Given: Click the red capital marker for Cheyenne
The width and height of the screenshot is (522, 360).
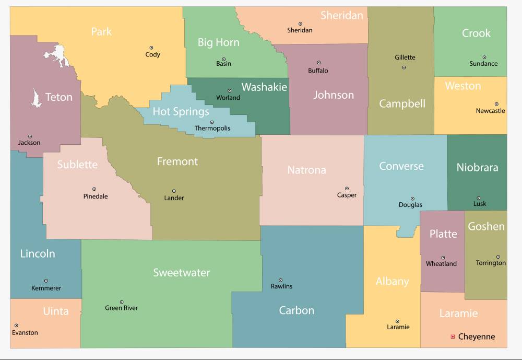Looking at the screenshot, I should [x=453, y=336].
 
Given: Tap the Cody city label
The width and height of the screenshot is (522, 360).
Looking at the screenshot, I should [x=152, y=54].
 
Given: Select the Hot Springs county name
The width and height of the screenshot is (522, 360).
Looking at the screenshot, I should [x=181, y=111].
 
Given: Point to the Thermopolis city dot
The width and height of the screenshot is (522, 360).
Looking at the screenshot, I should [x=211, y=122].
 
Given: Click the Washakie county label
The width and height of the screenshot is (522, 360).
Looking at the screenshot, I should [x=264, y=87].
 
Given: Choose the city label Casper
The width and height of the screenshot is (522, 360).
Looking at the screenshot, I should [x=347, y=195].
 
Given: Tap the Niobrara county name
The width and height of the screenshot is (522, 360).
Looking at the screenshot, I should [x=477, y=168].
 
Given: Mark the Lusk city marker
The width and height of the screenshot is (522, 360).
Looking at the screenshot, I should [x=478, y=198].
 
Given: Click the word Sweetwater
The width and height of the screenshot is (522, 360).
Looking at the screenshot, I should [x=181, y=273].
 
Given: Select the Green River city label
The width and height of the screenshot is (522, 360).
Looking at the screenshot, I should [x=121, y=308].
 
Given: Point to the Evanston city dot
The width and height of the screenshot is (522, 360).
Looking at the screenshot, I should [x=16, y=326].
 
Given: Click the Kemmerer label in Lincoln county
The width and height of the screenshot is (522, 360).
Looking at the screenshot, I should [x=46, y=288].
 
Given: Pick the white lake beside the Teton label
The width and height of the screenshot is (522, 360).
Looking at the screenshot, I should [x=36, y=98].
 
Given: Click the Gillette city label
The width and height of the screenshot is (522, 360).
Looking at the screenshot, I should [x=405, y=57].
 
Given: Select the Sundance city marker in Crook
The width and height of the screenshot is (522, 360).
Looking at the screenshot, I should [x=484, y=57].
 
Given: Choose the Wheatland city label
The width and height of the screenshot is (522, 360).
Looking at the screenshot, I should [x=441, y=264].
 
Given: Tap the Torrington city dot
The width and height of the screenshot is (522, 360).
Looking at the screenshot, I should [x=498, y=257].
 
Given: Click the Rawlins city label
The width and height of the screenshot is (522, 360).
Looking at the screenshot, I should [x=281, y=286].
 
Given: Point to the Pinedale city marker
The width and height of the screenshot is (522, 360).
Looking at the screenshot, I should [x=94, y=189].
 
